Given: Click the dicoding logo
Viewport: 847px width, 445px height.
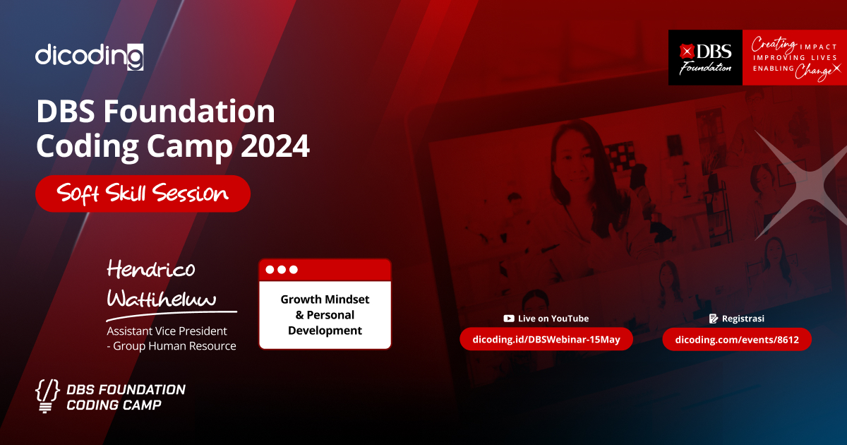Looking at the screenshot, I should (90, 56).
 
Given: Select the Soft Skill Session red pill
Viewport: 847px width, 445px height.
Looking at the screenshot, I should (143, 194).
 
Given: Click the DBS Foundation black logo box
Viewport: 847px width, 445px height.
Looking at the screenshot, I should (705, 58).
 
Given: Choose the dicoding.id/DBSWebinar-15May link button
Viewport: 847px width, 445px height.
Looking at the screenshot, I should (546, 340).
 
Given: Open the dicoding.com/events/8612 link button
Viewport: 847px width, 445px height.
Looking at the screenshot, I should (737, 340).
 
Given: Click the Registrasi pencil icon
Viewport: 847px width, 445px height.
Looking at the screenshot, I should (714, 319).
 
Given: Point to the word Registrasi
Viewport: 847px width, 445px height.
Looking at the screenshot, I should (743, 319).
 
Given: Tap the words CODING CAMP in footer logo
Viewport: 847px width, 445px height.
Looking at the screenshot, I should (114, 405).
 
